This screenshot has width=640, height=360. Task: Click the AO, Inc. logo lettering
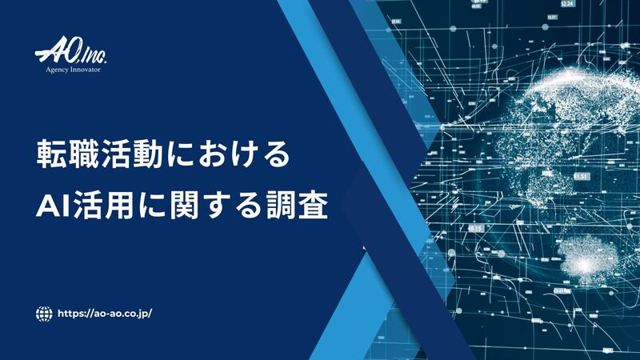[70, 54]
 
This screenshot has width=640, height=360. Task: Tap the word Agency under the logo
[56, 70]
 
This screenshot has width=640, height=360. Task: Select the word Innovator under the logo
[85, 70]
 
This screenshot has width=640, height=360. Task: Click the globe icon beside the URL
[44, 314]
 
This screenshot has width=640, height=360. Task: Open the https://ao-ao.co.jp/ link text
[105, 314]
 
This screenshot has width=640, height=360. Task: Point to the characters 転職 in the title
[68, 154]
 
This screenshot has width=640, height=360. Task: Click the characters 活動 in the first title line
[133, 154]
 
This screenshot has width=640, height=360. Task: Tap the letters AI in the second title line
[54, 206]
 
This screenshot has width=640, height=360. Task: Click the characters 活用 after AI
[103, 206]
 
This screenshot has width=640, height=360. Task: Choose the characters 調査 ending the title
[297, 206]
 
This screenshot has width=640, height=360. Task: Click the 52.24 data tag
[567, 4]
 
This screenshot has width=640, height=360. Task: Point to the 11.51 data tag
[582, 177]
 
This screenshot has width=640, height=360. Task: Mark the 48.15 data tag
[475, 228]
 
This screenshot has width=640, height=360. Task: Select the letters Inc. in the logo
[94, 57]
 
